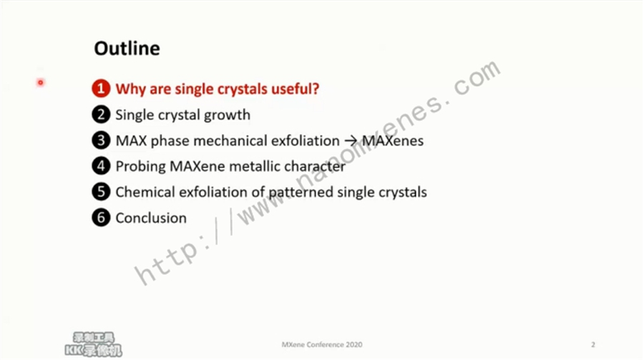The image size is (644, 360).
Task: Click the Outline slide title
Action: (127, 49)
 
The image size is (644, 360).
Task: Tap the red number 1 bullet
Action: (101, 88)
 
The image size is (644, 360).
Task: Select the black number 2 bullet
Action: (101, 115)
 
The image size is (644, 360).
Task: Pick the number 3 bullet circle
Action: (101, 140)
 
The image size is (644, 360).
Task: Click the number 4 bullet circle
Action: (101, 166)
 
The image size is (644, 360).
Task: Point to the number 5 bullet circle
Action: (101, 192)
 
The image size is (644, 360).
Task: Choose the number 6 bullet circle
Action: (101, 218)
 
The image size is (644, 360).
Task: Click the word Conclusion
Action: (151, 218)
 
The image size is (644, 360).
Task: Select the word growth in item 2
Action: (227, 115)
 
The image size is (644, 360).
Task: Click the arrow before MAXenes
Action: (351, 141)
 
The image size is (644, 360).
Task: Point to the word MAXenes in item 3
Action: (393, 140)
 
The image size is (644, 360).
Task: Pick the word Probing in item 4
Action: (140, 167)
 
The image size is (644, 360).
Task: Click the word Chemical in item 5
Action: (145, 192)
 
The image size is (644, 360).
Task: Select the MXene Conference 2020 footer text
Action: (322, 344)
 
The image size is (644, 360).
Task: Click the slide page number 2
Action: (592, 344)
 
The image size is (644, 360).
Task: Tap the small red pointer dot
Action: (40, 82)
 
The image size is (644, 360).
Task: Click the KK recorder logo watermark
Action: (94, 344)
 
